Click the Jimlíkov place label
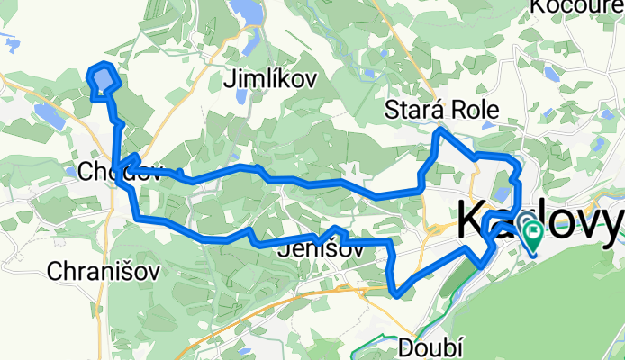point(271,80)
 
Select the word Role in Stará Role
point(474,111)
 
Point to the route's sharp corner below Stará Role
point(439,131)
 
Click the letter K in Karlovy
point(476,220)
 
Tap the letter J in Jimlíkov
point(228,80)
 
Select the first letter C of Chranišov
point(53,270)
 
